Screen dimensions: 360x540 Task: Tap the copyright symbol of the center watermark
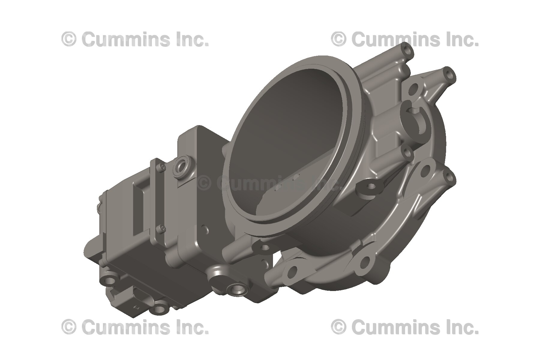(205, 183)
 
